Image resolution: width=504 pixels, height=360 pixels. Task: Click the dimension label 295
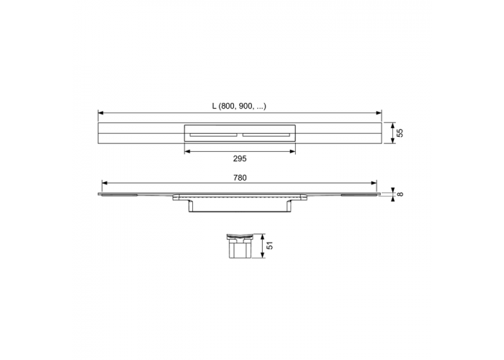pos(240,158)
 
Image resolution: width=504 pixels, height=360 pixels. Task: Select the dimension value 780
pos(240,178)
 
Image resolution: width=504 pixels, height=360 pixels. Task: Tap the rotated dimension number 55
pos(400,132)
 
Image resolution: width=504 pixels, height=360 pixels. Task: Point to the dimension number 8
pos(400,194)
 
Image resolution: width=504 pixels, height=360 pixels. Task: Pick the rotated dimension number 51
pos(270,246)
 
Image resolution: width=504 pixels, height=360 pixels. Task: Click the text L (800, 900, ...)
pos(239,106)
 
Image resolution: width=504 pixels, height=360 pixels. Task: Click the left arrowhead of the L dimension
pos(101,113)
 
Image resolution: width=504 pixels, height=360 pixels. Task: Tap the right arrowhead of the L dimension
pos(379,113)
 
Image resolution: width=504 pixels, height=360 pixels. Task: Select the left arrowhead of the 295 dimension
pos(187,151)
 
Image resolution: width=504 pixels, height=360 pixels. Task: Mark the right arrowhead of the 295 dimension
pos(292,151)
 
